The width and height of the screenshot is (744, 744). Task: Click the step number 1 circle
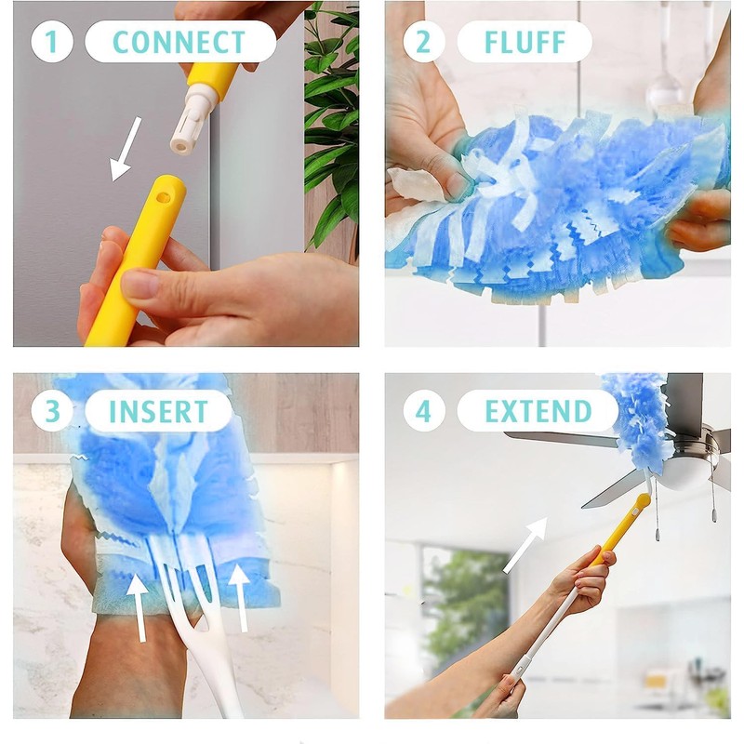coord(51,42)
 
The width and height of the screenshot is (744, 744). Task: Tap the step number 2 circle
coord(423,42)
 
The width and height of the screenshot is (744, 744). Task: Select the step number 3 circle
coord(51,411)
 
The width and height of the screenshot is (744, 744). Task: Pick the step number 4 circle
coord(423,411)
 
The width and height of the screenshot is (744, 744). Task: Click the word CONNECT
coord(179,42)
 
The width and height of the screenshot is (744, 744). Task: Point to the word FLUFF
coord(524,42)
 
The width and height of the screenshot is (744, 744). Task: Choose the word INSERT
coord(157,411)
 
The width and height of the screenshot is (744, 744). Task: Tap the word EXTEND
coord(538,411)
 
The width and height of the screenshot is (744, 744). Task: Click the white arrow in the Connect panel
coord(126,149)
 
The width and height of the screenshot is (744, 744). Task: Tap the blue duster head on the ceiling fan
coord(635,418)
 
